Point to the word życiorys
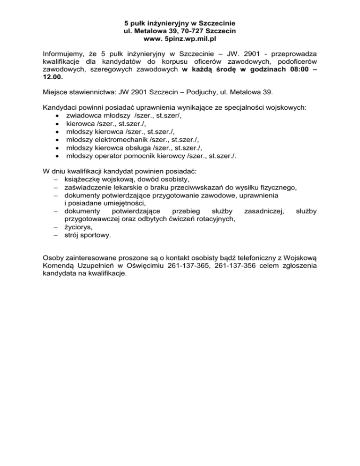click(x=79, y=227)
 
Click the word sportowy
click(x=96, y=236)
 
